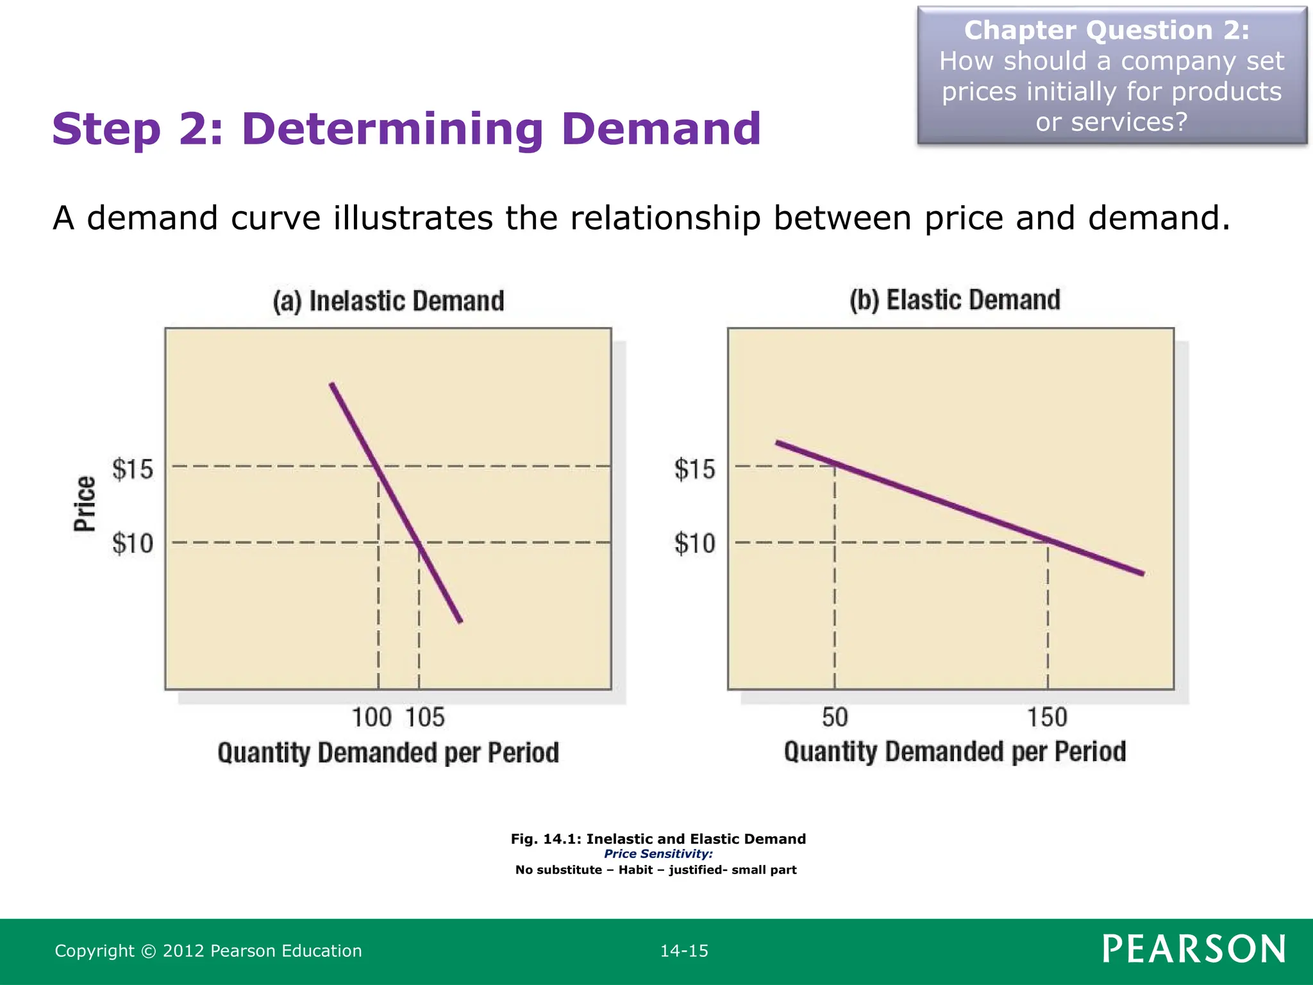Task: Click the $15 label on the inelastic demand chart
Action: tap(133, 469)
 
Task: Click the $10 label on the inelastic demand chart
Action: tap(133, 544)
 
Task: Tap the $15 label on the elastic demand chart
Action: tap(694, 469)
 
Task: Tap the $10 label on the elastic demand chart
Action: tap(694, 544)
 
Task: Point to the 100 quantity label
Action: tap(372, 718)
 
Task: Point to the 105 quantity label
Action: tap(425, 718)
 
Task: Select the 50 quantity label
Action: tap(835, 718)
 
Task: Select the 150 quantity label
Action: tap(1048, 718)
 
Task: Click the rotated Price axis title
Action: tap(85, 504)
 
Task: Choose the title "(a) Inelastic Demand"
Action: tap(389, 301)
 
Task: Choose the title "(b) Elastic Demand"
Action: tap(955, 300)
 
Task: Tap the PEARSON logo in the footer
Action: tap(1194, 949)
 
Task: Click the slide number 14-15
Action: tap(684, 951)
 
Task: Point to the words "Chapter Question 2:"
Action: tap(1107, 31)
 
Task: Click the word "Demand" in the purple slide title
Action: tap(661, 129)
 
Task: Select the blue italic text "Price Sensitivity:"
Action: tap(658, 854)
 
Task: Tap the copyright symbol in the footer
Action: tap(148, 951)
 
